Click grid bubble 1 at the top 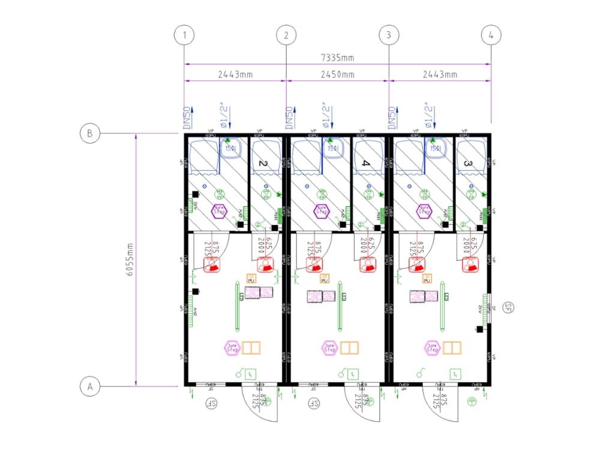184,35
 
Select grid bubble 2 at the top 286,35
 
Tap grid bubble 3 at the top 389,35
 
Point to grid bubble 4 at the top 491,35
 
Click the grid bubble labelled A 90,386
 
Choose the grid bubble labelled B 89,133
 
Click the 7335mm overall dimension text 338,58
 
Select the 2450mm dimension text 338,74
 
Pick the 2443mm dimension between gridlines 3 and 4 440,74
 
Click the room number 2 262,163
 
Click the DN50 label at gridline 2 289,118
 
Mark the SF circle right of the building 509,308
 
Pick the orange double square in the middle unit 350,347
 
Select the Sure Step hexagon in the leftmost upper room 220,211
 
